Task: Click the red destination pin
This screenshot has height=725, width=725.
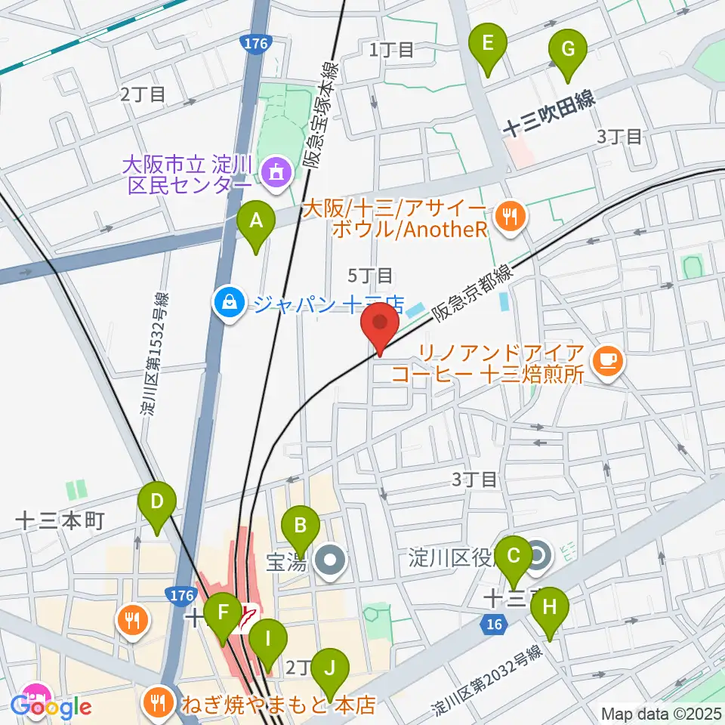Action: [x=380, y=326]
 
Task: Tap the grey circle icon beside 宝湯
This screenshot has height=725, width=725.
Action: [x=331, y=561]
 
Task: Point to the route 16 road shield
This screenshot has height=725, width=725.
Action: [x=492, y=623]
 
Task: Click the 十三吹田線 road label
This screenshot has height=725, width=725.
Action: [x=549, y=117]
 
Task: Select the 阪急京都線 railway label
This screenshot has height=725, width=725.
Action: [x=470, y=292]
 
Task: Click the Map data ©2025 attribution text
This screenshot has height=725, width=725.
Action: [x=659, y=713]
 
